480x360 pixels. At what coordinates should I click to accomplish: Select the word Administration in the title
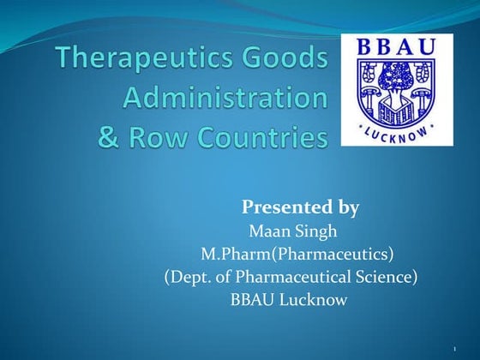point(225,98)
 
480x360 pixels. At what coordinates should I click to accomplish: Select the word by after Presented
point(343,207)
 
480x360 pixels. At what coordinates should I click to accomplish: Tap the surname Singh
point(317,231)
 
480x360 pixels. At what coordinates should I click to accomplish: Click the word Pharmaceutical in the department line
point(294,277)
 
